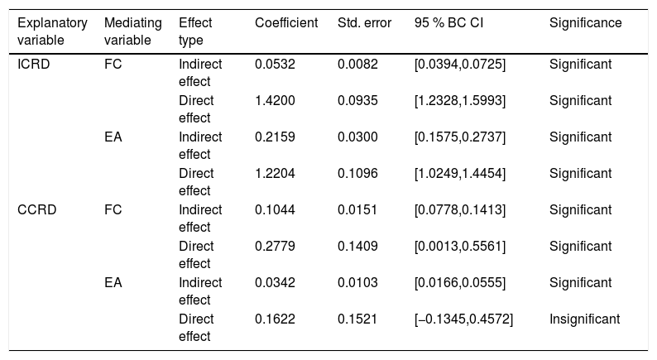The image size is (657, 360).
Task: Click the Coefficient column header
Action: point(286,22)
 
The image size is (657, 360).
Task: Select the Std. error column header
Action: point(364,22)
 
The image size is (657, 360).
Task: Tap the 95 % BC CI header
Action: point(448,22)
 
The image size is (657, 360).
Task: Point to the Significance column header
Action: point(585,22)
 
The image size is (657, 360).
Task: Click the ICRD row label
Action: point(34,64)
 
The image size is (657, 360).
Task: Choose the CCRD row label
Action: point(37,209)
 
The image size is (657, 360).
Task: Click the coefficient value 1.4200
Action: point(275,101)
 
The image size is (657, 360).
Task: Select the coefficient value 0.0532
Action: point(275,64)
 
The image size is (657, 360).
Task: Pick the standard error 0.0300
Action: point(357,137)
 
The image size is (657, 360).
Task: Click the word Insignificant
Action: point(584,319)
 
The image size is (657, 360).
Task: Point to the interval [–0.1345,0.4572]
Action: point(463,319)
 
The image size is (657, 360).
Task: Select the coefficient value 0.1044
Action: point(275,209)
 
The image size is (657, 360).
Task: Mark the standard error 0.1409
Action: point(357,246)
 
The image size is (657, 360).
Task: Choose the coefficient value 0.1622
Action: point(275,319)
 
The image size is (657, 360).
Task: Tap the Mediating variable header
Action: point(133,31)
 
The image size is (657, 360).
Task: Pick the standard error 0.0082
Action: point(357,64)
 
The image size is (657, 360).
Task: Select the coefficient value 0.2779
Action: point(275,246)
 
